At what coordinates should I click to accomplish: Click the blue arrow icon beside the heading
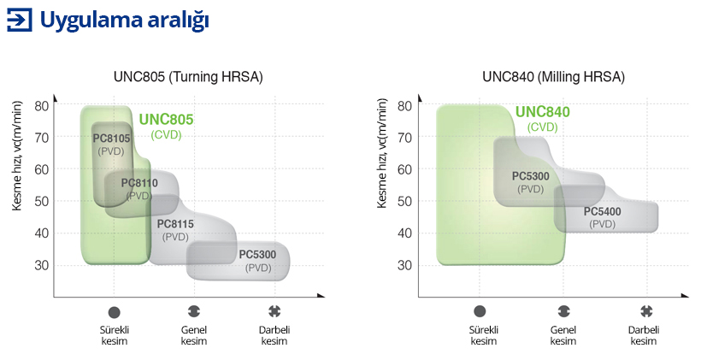point(20,20)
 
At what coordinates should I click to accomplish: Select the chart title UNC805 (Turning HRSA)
point(188,77)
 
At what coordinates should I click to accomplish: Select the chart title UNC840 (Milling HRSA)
point(553,77)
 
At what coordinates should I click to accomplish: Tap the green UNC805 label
point(166,120)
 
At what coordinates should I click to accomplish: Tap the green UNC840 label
point(542,112)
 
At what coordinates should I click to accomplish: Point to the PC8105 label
point(111,139)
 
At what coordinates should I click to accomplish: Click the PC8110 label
point(139,183)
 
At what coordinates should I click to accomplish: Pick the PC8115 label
point(175,224)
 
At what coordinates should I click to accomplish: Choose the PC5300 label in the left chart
point(257,255)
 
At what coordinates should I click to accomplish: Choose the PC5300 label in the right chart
point(531,176)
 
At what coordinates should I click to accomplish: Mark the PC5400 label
point(603,211)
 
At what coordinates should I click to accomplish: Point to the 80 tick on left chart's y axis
point(42,106)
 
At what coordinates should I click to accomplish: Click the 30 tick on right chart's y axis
point(404,265)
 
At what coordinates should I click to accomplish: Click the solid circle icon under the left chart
point(114,312)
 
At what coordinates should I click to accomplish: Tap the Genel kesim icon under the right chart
point(563,311)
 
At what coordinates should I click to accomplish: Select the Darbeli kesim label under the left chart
point(274,335)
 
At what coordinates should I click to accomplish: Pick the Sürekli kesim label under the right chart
point(483,335)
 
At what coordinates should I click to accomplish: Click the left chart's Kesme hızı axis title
point(17,155)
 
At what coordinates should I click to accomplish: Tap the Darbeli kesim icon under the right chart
point(646,311)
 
